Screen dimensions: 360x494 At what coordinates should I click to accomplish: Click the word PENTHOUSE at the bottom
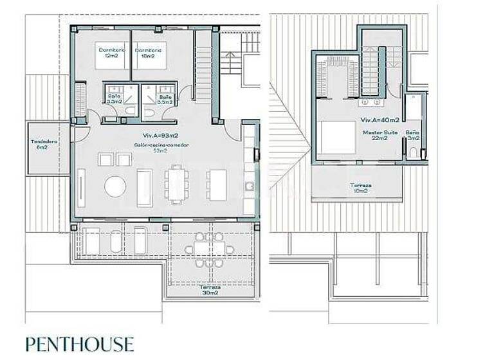[x=80, y=344]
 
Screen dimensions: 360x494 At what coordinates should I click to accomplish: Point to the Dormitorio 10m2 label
[x=148, y=53]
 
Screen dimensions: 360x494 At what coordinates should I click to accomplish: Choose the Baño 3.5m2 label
[x=165, y=99]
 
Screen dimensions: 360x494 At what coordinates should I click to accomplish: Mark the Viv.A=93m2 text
[x=161, y=136]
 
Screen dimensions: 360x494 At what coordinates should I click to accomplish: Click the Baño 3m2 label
[x=414, y=135]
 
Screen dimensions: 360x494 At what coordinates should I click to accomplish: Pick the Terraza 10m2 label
[x=360, y=188]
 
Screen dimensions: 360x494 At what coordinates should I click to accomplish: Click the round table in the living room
[x=116, y=186]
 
